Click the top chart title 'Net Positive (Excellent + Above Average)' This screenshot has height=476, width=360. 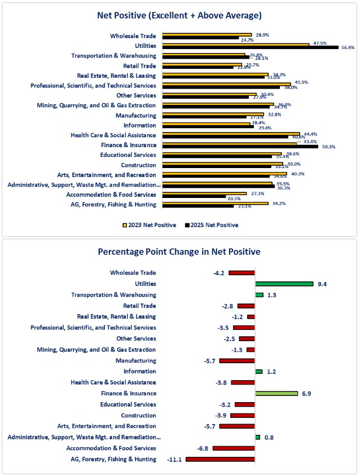click(x=179, y=15)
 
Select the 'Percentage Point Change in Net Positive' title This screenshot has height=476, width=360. click(x=179, y=252)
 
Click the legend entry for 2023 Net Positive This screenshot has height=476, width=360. click(x=150, y=225)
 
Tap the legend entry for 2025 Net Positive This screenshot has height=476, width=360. click(x=212, y=225)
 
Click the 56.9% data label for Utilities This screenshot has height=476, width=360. click(x=348, y=48)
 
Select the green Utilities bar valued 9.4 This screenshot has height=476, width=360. click(x=284, y=284)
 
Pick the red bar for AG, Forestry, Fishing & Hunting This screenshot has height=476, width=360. click(x=220, y=459)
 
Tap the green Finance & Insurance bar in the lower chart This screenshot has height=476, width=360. click(x=276, y=393)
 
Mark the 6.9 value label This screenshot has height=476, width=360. click(x=307, y=393)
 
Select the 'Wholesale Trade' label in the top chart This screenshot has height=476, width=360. click(x=133, y=36)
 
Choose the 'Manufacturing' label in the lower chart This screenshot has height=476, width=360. click(x=135, y=360)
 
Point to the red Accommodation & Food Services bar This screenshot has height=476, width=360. click(x=234, y=448)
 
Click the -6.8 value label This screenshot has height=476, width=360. click(x=203, y=448)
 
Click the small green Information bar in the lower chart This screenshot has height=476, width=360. click(x=259, y=371)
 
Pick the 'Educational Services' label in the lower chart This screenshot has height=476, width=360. click(x=128, y=404)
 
